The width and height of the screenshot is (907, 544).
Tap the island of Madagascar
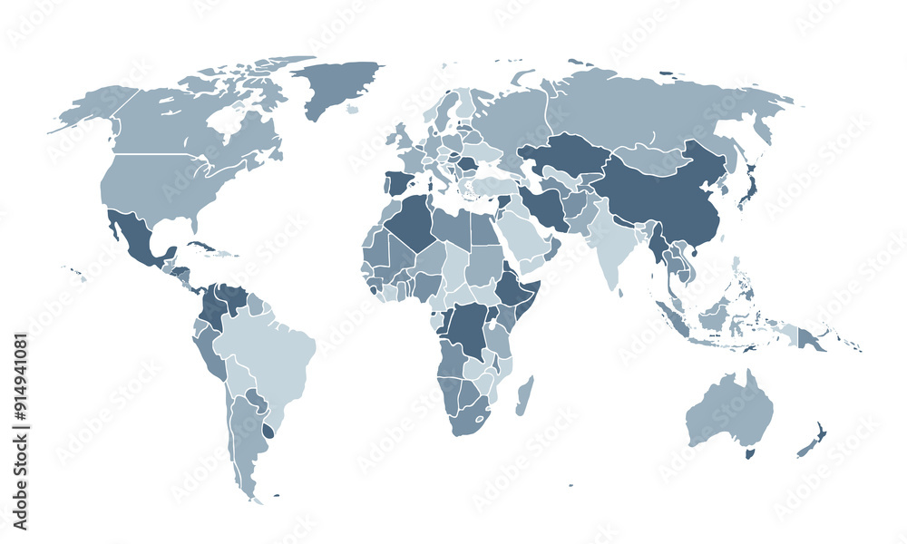[524, 396]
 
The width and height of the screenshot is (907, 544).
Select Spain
[398, 184]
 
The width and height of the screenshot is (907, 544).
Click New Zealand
[813, 439]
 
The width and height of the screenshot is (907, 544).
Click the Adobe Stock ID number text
[20, 432]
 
